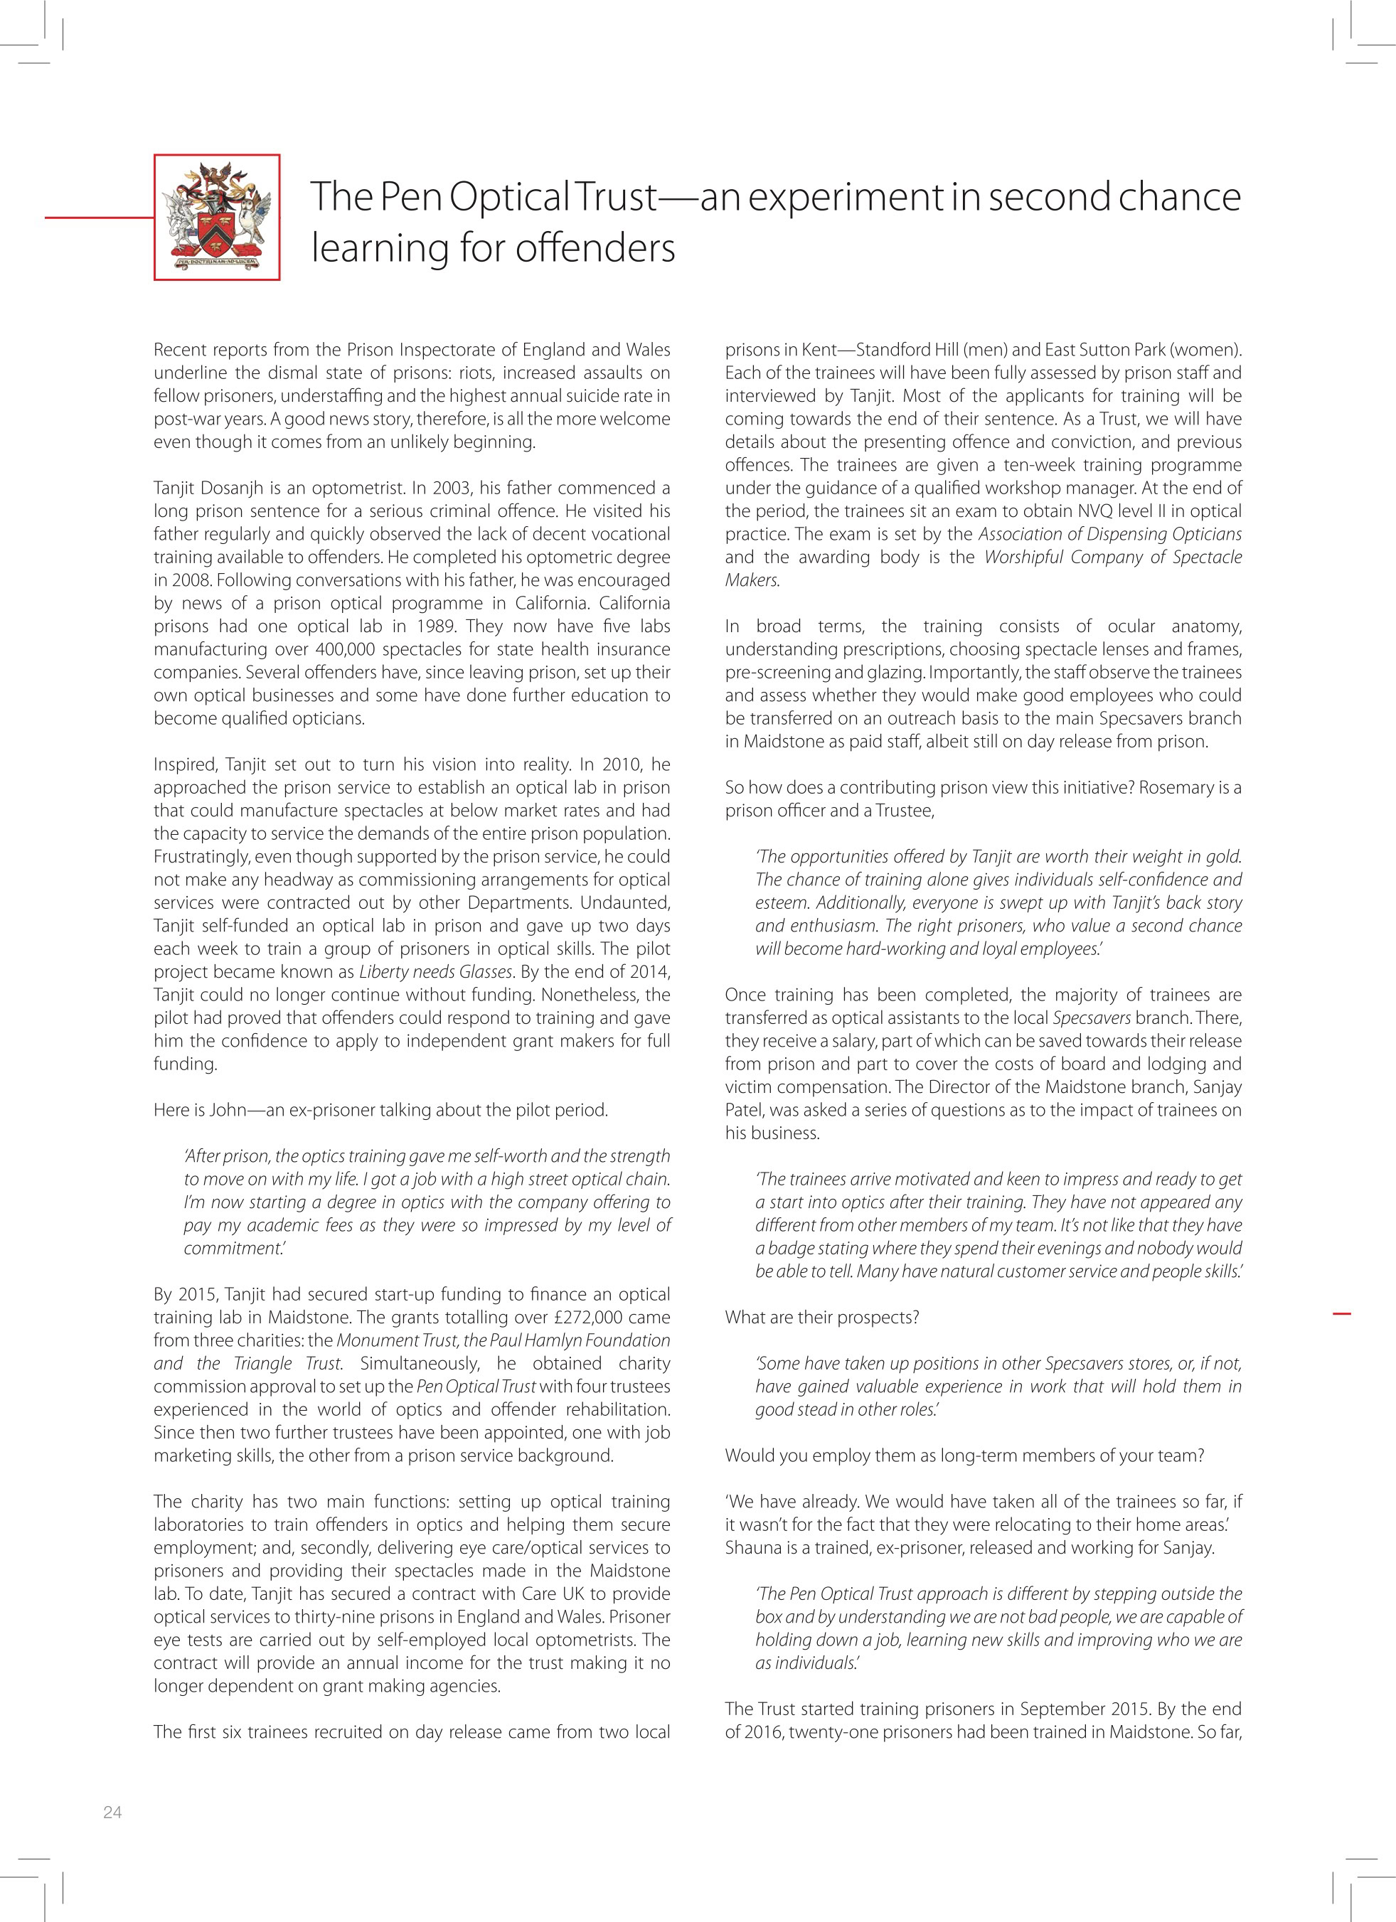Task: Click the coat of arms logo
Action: pos(217,217)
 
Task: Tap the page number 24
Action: pos(113,1812)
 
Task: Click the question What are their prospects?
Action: pos(821,1318)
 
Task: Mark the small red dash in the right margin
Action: pos(1341,1313)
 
